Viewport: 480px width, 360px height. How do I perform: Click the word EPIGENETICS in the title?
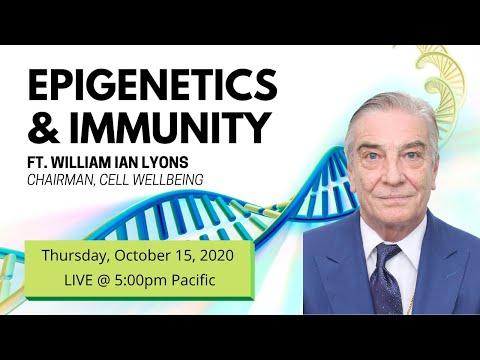click(x=152, y=85)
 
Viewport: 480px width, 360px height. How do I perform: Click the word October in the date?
click(x=140, y=256)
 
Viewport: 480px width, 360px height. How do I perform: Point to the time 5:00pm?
click(x=140, y=280)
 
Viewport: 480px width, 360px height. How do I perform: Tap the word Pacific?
click(x=193, y=280)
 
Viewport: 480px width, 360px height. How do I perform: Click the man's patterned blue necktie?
click(x=387, y=278)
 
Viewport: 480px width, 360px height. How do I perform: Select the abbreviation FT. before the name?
click(x=38, y=162)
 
